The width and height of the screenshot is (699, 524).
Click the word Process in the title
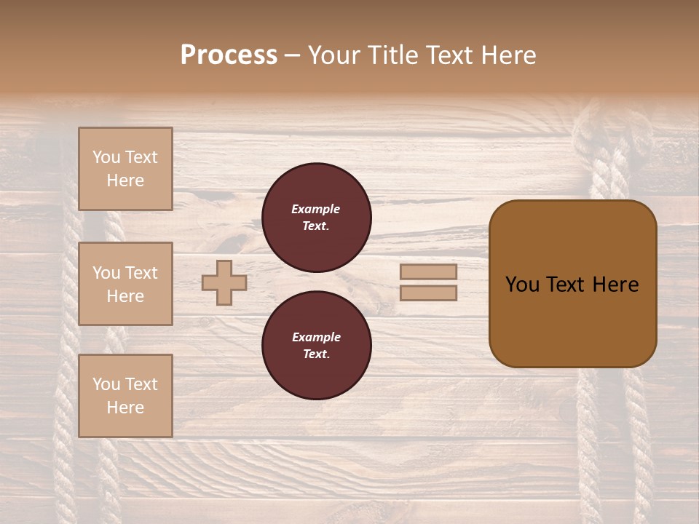click(x=229, y=55)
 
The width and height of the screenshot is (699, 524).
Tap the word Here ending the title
click(x=507, y=55)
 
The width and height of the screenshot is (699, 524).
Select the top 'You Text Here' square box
click(x=125, y=169)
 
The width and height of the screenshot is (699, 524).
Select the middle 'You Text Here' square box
click(x=125, y=284)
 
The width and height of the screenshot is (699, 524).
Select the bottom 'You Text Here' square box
click(x=125, y=396)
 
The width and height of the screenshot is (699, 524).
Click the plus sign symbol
click(x=224, y=282)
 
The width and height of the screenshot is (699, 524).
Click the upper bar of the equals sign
click(x=429, y=272)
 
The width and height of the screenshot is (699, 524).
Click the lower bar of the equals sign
click(x=429, y=293)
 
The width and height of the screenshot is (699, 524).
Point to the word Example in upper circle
click(x=315, y=209)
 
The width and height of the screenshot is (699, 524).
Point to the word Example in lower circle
click(x=316, y=337)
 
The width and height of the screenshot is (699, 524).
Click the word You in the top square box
click(x=106, y=157)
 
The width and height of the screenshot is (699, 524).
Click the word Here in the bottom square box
click(x=125, y=408)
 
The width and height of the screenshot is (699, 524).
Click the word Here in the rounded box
click(x=615, y=285)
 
